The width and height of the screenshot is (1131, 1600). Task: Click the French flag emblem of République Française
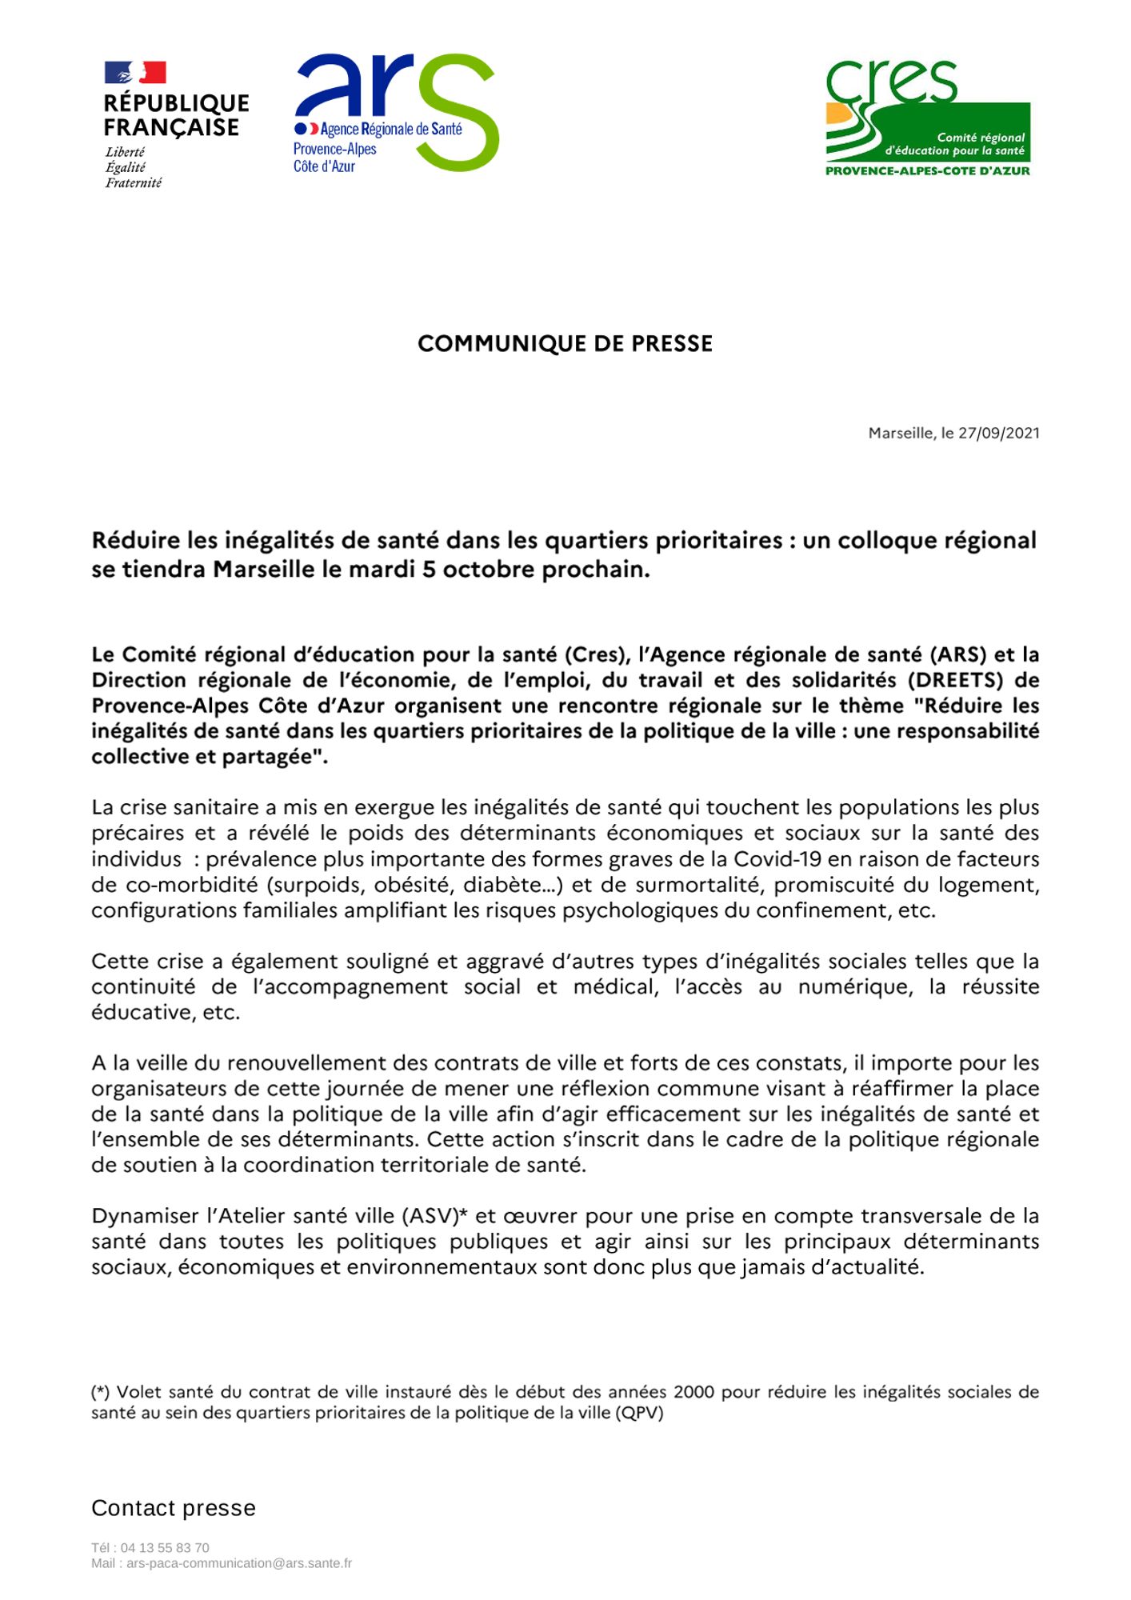(135, 73)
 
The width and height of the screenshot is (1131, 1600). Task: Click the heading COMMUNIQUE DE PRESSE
(565, 344)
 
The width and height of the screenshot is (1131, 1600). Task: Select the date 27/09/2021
(999, 434)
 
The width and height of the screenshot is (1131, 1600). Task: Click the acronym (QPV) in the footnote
(639, 1413)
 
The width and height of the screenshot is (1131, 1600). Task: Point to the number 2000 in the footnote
(693, 1392)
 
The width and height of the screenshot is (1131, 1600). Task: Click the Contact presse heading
(174, 1508)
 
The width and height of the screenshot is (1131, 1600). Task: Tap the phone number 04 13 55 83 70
(165, 1548)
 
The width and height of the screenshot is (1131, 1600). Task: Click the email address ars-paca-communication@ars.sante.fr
(239, 1563)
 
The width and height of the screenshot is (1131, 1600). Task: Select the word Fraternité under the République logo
(134, 183)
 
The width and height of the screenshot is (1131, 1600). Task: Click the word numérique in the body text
(855, 987)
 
